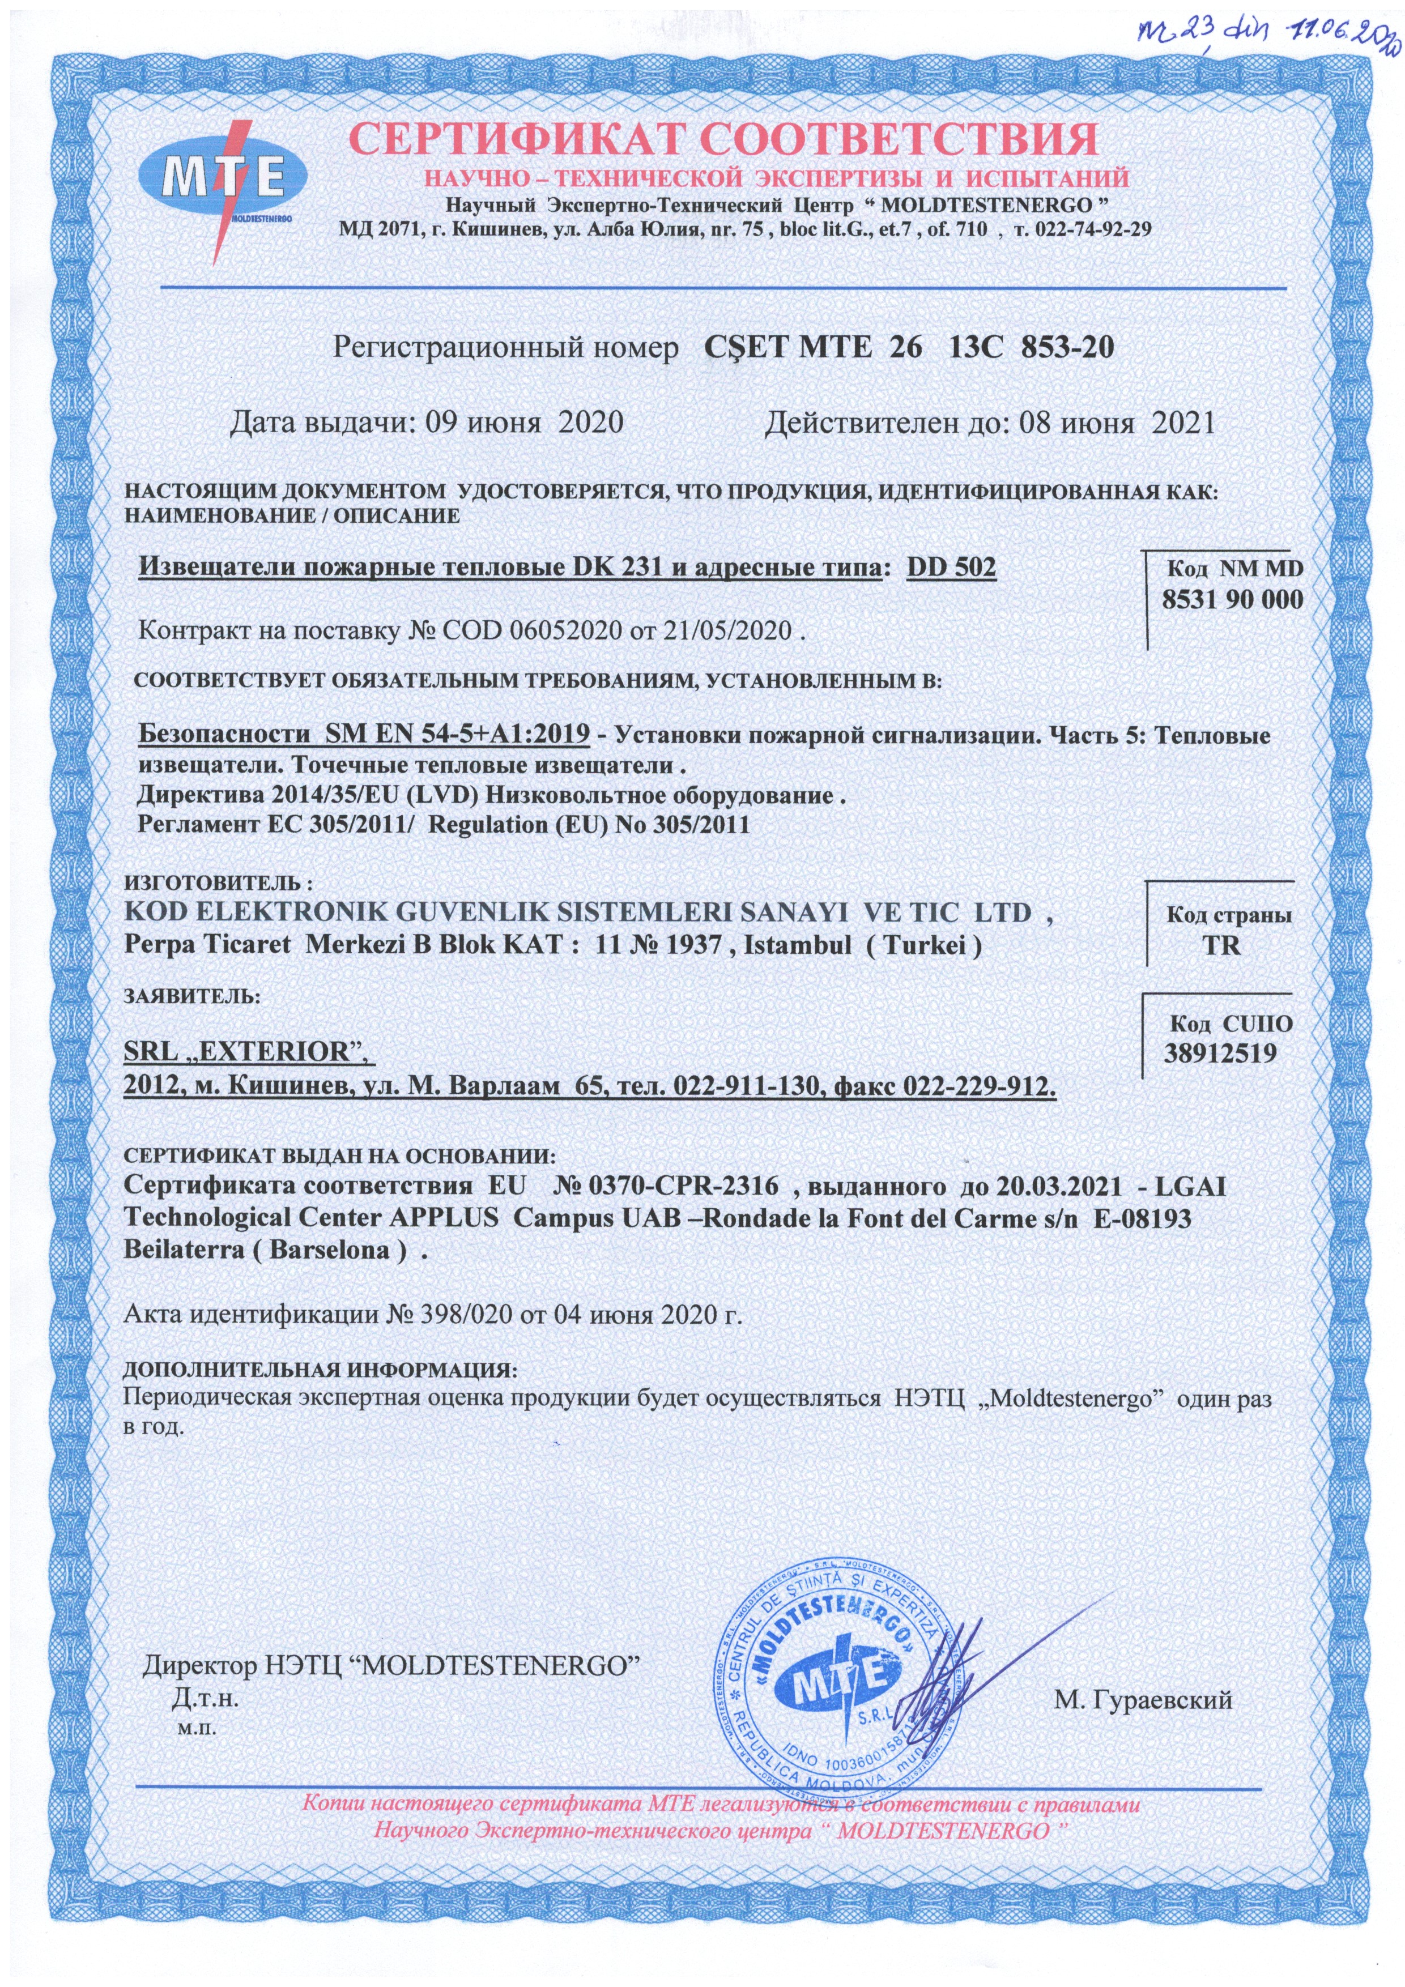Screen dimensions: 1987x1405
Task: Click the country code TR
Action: [1227, 944]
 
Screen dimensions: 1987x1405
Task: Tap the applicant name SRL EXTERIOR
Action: [246, 1053]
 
